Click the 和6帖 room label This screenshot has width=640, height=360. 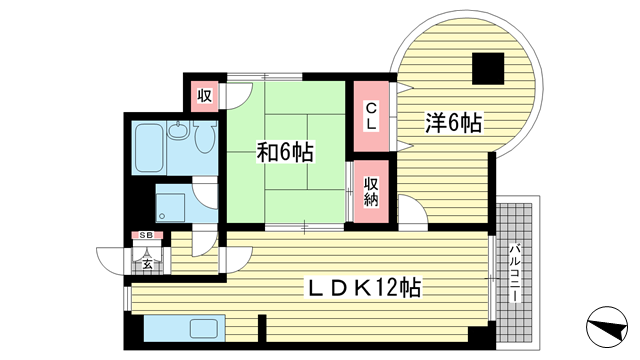click(286, 153)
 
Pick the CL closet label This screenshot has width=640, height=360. click(370, 117)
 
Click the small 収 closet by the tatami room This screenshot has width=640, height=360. click(203, 96)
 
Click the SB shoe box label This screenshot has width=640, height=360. click(146, 235)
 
